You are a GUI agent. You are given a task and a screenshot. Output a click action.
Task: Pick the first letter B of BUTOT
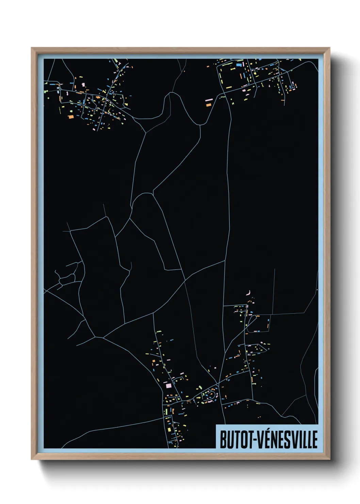pyautogui.click(x=223, y=440)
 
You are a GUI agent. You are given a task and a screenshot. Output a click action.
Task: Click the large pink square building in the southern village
pyautogui.click(x=168, y=385)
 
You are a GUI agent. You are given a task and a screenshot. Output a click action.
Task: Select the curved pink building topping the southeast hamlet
pyautogui.click(x=249, y=293)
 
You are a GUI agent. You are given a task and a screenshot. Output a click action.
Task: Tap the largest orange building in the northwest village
pyautogui.click(x=71, y=117)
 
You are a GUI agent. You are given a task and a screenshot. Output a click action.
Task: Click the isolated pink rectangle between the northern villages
pyautogui.click(x=209, y=100)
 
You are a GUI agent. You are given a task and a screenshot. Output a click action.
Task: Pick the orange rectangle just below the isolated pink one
pyautogui.click(x=209, y=105)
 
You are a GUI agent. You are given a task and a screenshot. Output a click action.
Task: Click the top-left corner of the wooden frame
pyautogui.click(x=32, y=48)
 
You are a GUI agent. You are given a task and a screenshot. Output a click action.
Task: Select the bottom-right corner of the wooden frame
pyautogui.click(x=329, y=459)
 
